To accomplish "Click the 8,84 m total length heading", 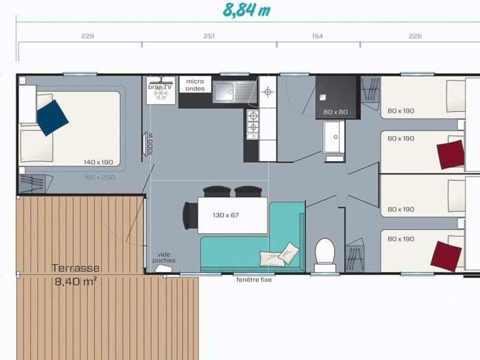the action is click(x=247, y=11).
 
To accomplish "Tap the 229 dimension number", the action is click(x=87, y=36).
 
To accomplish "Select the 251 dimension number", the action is click(x=209, y=36).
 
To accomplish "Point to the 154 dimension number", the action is click(x=317, y=36).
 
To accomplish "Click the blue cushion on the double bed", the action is click(x=52, y=117).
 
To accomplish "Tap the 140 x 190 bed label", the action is click(x=98, y=162).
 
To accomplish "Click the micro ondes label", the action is click(x=195, y=85).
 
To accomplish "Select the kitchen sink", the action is click(x=235, y=92).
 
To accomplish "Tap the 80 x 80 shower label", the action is click(x=335, y=112).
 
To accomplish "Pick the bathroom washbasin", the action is click(x=334, y=137).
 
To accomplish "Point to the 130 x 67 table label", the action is click(x=226, y=215).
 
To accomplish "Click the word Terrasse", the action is click(x=76, y=268).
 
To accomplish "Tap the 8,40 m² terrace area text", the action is click(x=76, y=281).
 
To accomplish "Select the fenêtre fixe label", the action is click(x=254, y=279).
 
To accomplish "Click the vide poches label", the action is click(x=164, y=258).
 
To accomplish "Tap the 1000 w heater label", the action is click(x=150, y=143).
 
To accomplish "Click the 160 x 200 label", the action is click(x=99, y=177).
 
